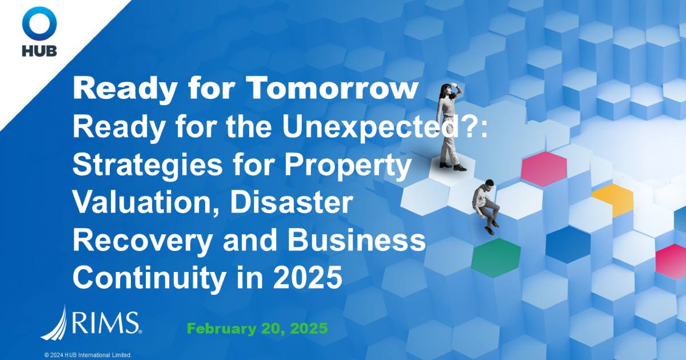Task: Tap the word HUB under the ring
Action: coord(39,51)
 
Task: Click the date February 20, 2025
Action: coord(257,329)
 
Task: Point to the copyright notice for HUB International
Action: coord(88,355)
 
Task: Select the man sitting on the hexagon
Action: coord(486,203)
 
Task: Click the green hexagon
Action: coord(496,254)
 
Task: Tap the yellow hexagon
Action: coord(613,197)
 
